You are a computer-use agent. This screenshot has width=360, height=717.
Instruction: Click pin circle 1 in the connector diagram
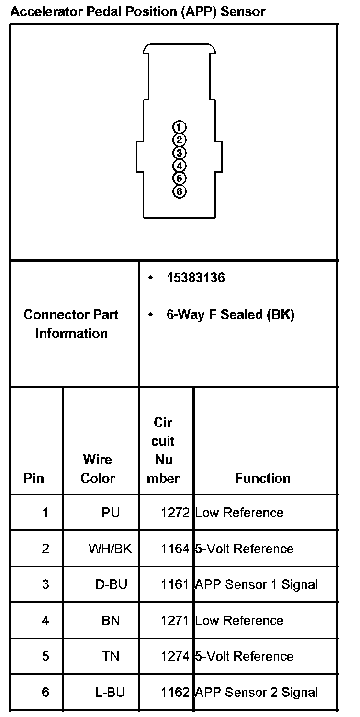(x=179, y=127)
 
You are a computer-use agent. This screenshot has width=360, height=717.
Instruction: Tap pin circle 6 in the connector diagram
(x=179, y=191)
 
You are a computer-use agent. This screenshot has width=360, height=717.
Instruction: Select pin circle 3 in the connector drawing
(x=179, y=153)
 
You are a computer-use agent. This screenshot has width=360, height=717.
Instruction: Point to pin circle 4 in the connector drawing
(x=179, y=166)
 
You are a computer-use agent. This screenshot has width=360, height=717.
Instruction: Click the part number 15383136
(x=195, y=278)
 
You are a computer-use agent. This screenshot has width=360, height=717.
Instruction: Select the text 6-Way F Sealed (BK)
(x=230, y=315)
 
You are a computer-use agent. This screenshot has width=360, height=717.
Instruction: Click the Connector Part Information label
(x=71, y=324)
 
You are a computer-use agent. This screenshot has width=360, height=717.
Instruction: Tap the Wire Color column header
(x=98, y=469)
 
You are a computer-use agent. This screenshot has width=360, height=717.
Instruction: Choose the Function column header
(x=262, y=478)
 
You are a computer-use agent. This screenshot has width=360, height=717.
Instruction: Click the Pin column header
(x=34, y=478)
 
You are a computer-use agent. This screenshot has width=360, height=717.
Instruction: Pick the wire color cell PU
(x=111, y=513)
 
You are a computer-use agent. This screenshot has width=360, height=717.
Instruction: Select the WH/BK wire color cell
(x=110, y=549)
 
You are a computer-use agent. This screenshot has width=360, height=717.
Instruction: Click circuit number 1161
(x=175, y=584)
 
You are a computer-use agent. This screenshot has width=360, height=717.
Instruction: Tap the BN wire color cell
(x=111, y=620)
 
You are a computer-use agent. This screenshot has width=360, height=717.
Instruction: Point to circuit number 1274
(x=175, y=656)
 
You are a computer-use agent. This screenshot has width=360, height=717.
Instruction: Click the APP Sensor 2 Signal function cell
(x=257, y=692)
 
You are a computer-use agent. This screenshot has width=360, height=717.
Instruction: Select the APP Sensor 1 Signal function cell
(x=257, y=584)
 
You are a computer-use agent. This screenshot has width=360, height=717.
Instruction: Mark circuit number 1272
(x=175, y=513)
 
